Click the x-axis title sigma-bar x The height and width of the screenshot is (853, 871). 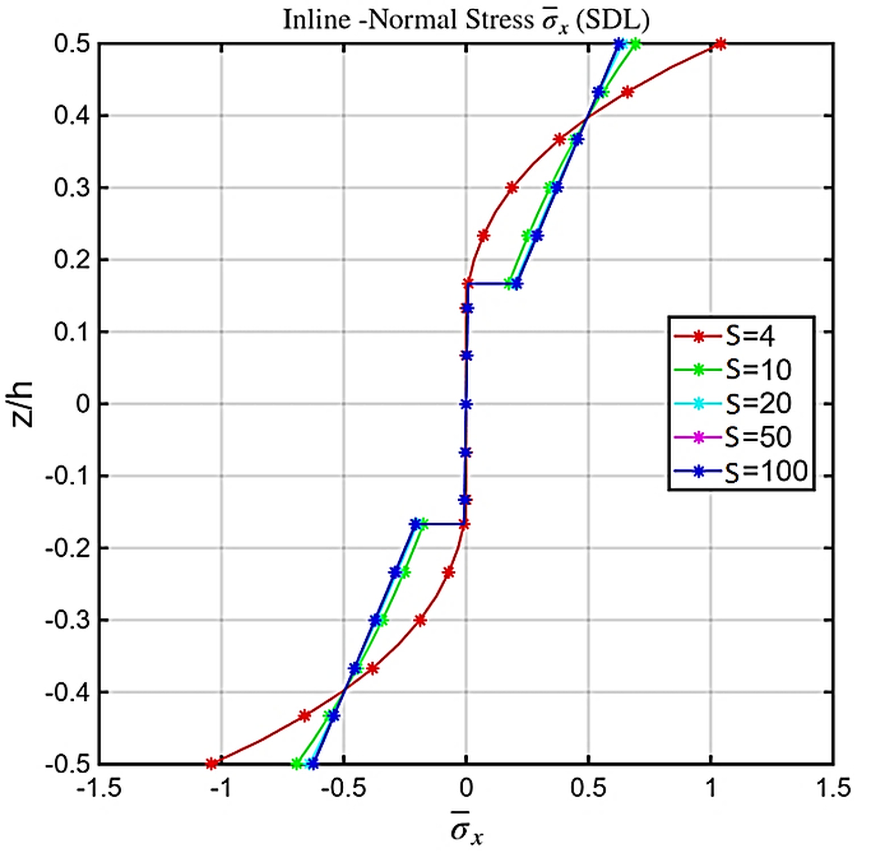467,832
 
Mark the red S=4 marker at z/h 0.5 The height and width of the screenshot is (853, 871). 720,44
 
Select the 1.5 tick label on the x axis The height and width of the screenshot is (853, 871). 833,788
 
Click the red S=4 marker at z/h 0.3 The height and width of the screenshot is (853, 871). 512,188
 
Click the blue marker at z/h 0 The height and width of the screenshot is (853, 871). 466,404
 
